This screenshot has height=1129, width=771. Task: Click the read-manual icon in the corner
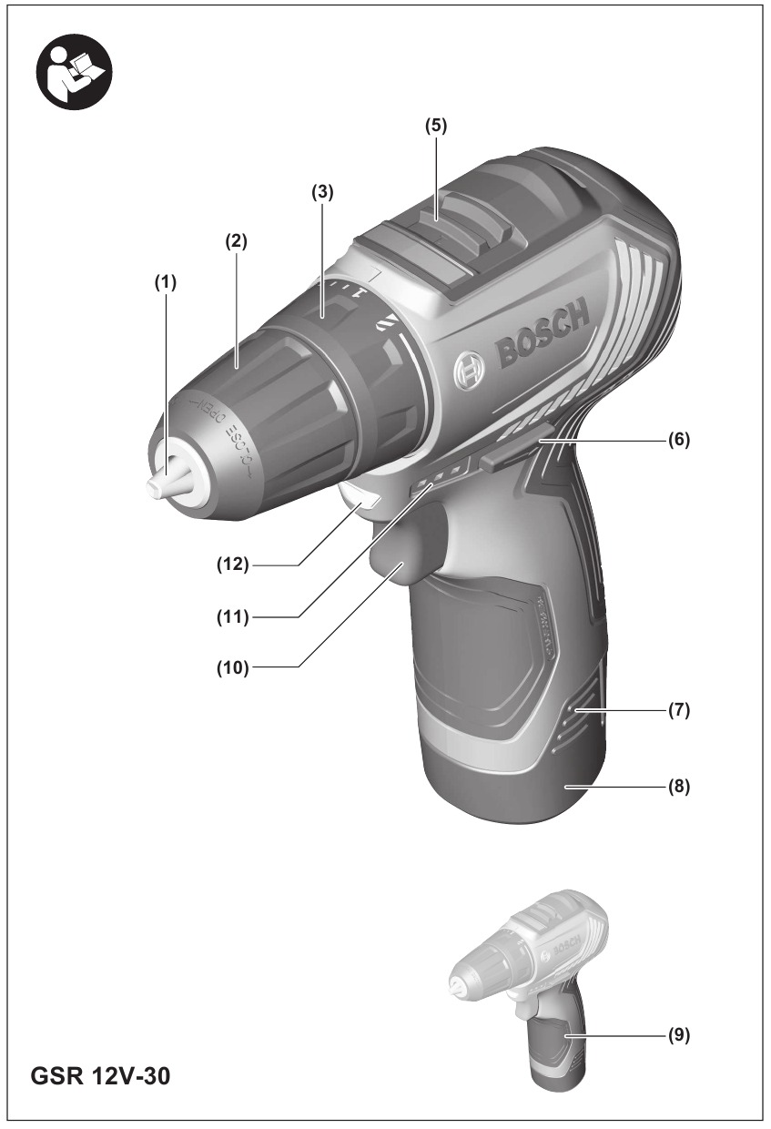[73, 72]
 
